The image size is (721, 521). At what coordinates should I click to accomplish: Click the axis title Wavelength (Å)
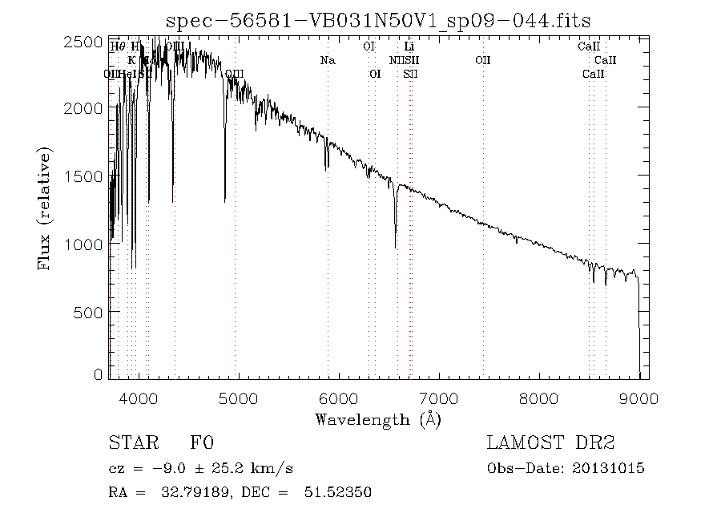tap(378, 418)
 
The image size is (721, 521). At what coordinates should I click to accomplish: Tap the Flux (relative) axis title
tap(46, 208)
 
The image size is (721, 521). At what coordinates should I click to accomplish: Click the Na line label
tap(327, 60)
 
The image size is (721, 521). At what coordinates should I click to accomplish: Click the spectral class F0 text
tap(202, 442)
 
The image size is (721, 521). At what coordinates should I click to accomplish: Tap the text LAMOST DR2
tap(550, 442)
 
